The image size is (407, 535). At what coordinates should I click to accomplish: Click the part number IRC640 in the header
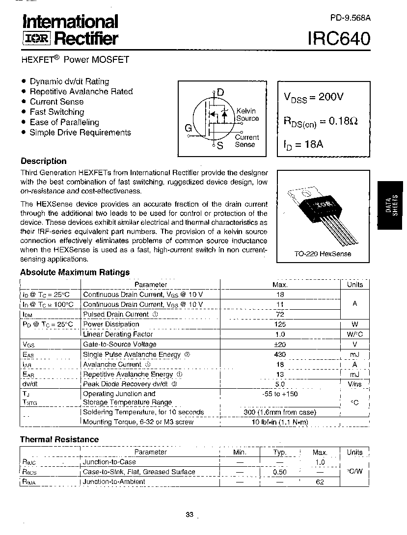(x=339, y=38)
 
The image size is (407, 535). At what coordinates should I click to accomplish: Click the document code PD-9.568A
(x=351, y=18)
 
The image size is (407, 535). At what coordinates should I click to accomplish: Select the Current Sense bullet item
(x=56, y=102)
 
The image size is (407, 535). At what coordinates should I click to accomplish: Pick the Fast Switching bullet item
(x=57, y=112)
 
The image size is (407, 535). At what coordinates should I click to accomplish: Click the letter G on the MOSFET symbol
(x=188, y=129)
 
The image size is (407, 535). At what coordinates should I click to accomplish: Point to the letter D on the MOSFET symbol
(x=220, y=92)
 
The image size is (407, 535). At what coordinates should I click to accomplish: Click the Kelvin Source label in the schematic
(x=247, y=115)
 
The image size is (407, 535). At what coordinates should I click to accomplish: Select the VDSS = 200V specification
(x=313, y=97)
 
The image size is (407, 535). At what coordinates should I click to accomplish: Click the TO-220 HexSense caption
(x=323, y=254)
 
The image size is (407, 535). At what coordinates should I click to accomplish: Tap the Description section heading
(x=43, y=161)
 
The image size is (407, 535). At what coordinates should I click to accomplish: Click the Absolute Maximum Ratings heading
(x=75, y=272)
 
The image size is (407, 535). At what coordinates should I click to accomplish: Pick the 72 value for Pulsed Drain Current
(x=280, y=314)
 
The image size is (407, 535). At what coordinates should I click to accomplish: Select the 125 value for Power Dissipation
(x=280, y=324)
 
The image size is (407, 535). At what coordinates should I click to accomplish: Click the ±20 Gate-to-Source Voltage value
(x=280, y=345)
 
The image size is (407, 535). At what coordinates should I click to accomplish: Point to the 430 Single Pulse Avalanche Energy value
(x=280, y=354)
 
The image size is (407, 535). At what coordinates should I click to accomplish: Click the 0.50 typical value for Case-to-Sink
(x=280, y=472)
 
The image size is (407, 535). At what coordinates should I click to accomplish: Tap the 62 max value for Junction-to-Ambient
(x=320, y=482)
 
